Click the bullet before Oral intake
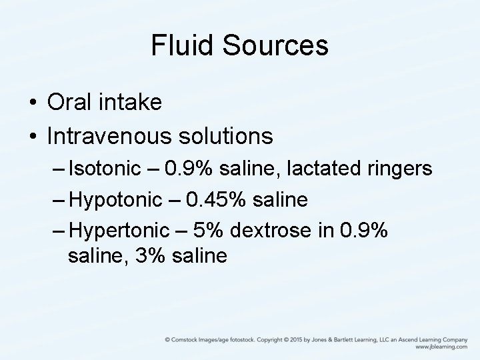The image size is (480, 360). pos(32,104)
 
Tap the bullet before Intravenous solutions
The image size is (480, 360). pos(32,137)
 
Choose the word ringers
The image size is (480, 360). pos(399,169)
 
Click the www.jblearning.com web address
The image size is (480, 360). pos(441,347)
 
